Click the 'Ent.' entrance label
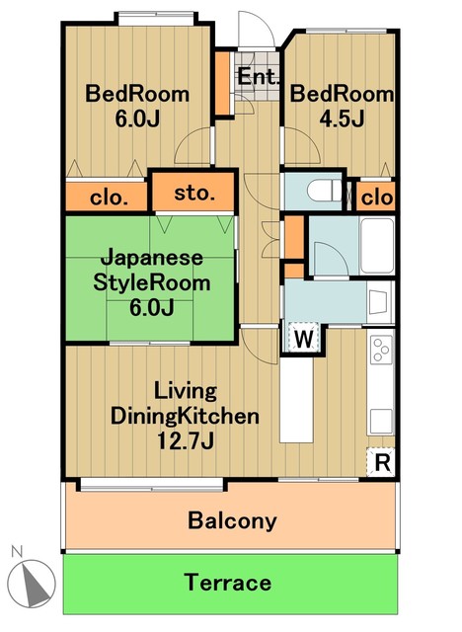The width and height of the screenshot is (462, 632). [x=259, y=77]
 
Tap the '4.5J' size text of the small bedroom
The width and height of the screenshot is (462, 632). [x=342, y=120]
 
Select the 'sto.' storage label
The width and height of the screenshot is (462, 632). [x=194, y=193]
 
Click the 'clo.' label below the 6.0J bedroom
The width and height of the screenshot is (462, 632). [x=109, y=197]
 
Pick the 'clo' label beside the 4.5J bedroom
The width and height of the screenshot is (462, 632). [x=376, y=197]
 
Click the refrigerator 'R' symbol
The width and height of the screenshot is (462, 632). [x=380, y=461]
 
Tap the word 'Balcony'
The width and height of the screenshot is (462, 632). [x=233, y=520]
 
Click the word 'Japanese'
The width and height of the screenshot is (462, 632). [x=152, y=258]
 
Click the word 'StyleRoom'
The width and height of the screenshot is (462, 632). [x=152, y=282]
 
